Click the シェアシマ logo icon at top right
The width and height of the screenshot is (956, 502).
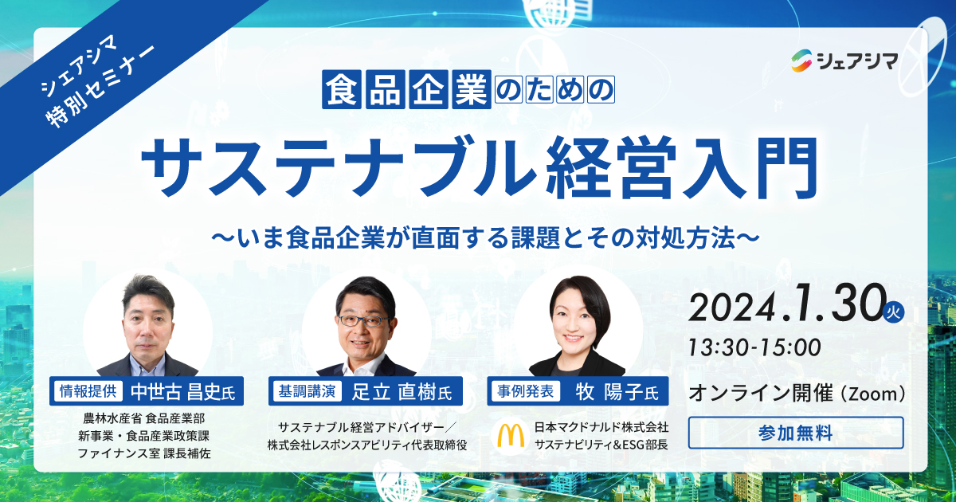(801, 61)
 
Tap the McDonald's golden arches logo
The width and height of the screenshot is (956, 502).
(511, 435)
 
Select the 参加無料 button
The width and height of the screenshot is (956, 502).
(796, 433)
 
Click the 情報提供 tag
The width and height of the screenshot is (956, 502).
(88, 391)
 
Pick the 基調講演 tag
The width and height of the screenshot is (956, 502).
(307, 391)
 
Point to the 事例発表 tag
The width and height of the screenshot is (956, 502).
(525, 391)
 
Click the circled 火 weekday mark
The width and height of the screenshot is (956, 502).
(893, 312)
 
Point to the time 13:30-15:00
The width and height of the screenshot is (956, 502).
(754, 347)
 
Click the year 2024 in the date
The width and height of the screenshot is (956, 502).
(731, 308)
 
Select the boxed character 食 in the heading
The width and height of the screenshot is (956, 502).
(342, 89)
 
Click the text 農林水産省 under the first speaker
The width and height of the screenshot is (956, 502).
(112, 418)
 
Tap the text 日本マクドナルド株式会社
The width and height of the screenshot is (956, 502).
(601, 427)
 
